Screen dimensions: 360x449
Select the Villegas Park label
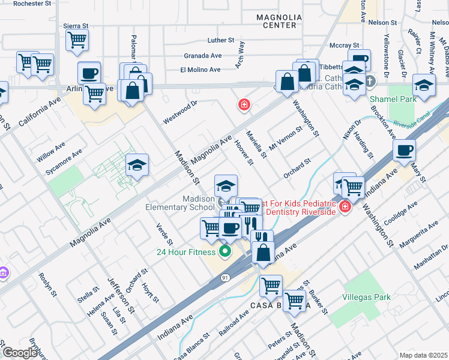coord(366,297)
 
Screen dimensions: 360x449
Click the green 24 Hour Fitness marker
coord(226,251)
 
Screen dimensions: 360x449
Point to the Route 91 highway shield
coord(224,278)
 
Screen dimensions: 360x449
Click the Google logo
coord(20,353)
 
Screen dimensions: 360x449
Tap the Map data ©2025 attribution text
coord(423,355)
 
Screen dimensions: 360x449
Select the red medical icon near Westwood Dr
coord(244,106)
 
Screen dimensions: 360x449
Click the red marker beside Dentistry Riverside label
coord(345,208)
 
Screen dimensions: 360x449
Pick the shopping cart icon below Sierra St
coord(77,40)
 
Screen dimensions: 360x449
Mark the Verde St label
coord(164,234)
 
